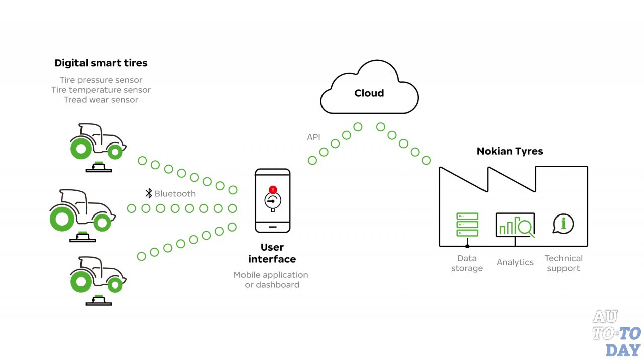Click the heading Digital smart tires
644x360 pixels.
[101, 63]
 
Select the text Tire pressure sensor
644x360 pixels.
[101, 80]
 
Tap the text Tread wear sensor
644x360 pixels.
[101, 100]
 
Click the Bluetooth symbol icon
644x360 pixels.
[148, 193]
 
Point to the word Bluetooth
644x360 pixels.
[175, 193]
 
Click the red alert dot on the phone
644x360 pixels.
[273, 190]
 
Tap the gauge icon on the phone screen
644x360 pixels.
[272, 200]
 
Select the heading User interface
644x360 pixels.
[272, 253]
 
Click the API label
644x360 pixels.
[314, 137]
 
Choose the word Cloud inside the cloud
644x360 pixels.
[369, 93]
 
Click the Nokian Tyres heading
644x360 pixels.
[510, 151]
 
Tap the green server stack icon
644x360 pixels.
[467, 225]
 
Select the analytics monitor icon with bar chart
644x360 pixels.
[515, 225]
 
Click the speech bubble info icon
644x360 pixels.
[563, 223]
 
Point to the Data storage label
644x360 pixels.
[467, 263]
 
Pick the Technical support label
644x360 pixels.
[563, 263]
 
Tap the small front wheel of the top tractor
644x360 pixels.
[115, 151]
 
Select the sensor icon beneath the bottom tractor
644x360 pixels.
[99, 300]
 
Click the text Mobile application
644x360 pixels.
[271, 275]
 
